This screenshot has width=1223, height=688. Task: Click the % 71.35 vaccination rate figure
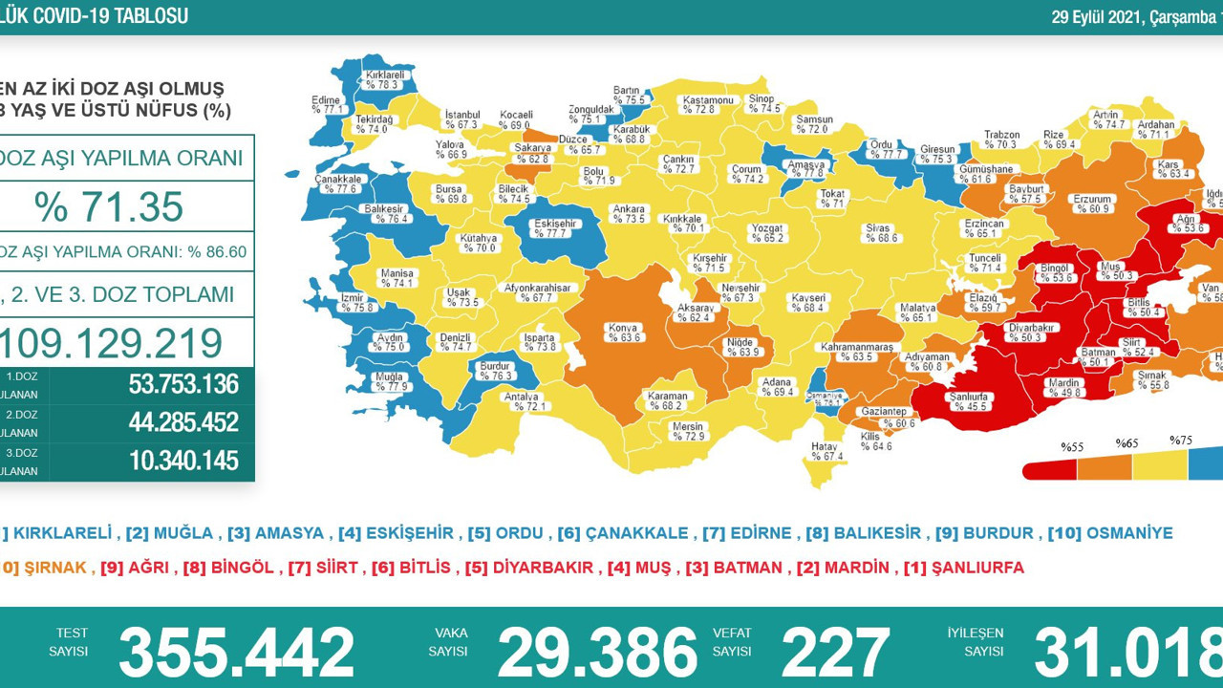[x=108, y=206]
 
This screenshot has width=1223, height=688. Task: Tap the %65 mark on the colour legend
[x=1128, y=443]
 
